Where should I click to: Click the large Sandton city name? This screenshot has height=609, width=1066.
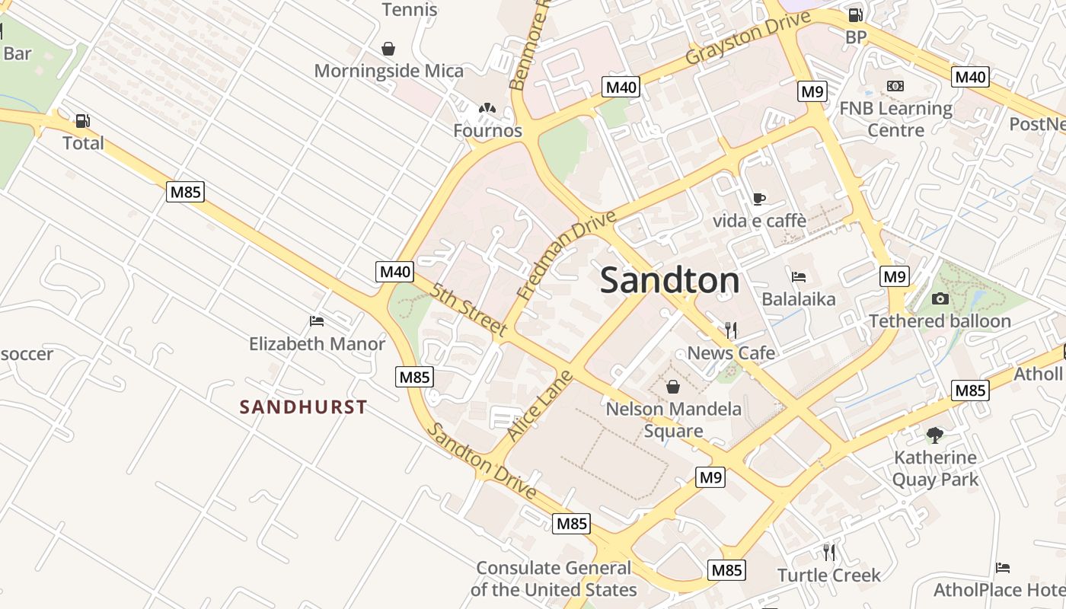(x=669, y=280)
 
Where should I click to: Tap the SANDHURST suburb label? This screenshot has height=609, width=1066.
(x=303, y=407)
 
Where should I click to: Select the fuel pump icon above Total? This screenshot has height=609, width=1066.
(x=82, y=120)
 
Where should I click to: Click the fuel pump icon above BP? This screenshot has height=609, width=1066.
(x=855, y=14)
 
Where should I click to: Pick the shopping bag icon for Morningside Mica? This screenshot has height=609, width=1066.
(x=388, y=49)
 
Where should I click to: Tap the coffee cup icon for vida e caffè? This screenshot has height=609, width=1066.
(x=758, y=199)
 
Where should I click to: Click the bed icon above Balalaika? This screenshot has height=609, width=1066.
(x=799, y=276)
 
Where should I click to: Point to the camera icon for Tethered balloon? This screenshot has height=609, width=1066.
(x=940, y=298)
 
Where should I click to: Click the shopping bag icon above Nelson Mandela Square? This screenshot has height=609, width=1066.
(x=673, y=387)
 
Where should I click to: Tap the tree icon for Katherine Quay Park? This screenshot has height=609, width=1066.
(x=934, y=435)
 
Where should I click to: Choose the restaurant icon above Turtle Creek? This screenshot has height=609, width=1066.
(x=828, y=552)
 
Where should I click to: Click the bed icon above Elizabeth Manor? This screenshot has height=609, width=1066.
(x=317, y=321)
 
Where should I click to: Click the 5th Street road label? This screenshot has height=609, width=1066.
(x=468, y=310)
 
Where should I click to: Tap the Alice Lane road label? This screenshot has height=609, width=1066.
(x=539, y=406)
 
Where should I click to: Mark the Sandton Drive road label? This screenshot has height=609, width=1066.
(x=481, y=461)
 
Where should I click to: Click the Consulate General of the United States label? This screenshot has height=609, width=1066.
(x=554, y=579)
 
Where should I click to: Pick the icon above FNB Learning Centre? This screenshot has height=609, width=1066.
(x=895, y=86)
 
